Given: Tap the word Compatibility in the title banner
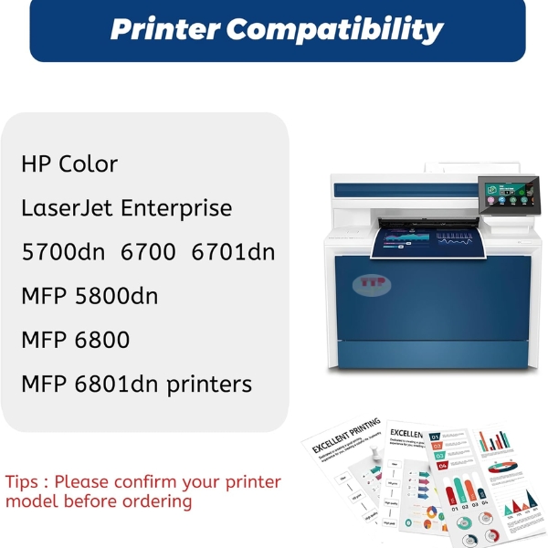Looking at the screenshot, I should coord(333,29).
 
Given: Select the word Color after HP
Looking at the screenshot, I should coord(89,164).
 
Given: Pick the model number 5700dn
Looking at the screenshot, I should coord(63,252).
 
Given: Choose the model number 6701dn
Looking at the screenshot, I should coord(233,252).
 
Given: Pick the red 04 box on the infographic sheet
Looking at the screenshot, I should coord(439,464).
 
